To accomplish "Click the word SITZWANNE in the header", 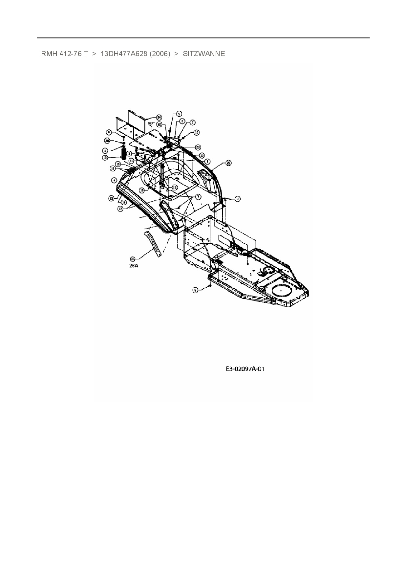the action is (204, 54).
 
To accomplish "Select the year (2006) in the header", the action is (160, 54).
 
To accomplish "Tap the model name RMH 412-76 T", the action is (64, 54).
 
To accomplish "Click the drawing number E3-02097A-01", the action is (245, 369).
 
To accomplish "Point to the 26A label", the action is (134, 266).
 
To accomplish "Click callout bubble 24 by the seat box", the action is (159, 117).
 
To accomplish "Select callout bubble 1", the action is (207, 162).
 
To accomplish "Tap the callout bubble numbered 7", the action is (198, 197).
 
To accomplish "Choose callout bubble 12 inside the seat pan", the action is (175, 188).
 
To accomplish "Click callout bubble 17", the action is (120, 209).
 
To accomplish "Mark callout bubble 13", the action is (111, 198).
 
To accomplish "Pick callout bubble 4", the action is (114, 180).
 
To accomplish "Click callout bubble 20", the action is (107, 141).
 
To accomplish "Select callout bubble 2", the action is (182, 121).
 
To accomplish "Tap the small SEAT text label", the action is (151, 123).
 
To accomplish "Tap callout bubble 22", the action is (159, 124).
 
